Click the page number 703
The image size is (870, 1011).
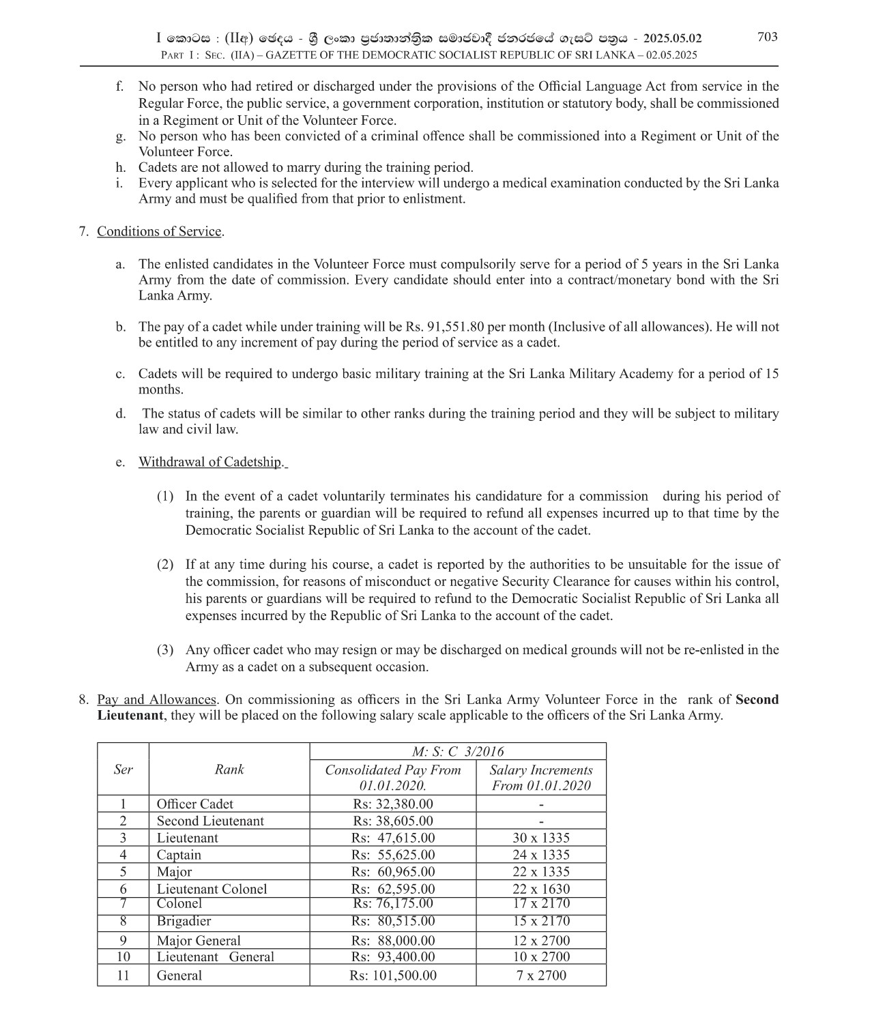pos(767,37)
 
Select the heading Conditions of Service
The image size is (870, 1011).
pos(159,231)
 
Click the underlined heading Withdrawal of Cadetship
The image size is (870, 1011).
pos(210,462)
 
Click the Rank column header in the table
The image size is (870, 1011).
pos(229,770)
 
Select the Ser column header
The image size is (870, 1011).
pos(123,770)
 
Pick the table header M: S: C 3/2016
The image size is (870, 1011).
pos(458,751)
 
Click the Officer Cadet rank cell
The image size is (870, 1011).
pos(194,804)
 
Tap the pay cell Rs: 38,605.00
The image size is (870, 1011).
pos(393,821)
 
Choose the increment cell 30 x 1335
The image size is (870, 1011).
pos(541,838)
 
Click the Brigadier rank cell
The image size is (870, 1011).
pos(184,921)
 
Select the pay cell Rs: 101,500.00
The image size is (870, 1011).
pos(393,976)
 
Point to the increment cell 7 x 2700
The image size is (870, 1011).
pos(541,976)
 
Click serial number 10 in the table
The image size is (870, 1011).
pos(123,957)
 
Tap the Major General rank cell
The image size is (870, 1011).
pos(199,941)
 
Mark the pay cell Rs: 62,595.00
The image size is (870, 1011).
pos(393,889)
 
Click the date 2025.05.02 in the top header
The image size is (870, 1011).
pos(672,39)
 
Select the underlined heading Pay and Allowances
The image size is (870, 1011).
pos(157,700)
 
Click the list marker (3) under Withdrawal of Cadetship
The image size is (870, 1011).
pos(165,650)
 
